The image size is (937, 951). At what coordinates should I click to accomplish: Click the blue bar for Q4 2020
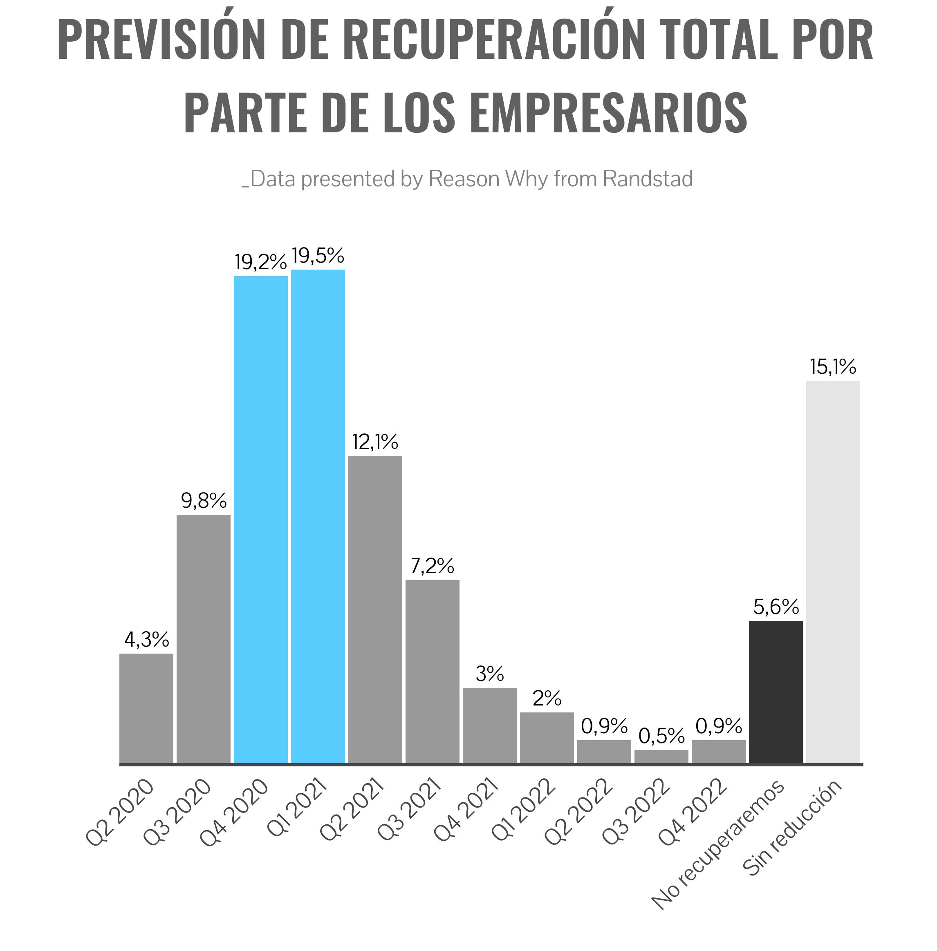260,519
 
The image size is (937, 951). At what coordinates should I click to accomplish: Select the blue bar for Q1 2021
318,516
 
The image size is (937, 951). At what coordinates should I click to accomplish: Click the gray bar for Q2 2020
146,708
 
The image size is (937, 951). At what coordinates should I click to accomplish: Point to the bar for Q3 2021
432,671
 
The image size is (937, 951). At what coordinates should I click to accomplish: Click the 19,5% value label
318,256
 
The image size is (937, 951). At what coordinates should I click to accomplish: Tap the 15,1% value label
833,367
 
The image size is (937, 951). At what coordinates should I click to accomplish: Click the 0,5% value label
661,736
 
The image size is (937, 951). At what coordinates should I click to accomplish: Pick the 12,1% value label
374,442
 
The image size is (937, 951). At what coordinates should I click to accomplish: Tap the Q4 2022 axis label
694,811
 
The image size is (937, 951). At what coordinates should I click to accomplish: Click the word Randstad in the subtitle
647,179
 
